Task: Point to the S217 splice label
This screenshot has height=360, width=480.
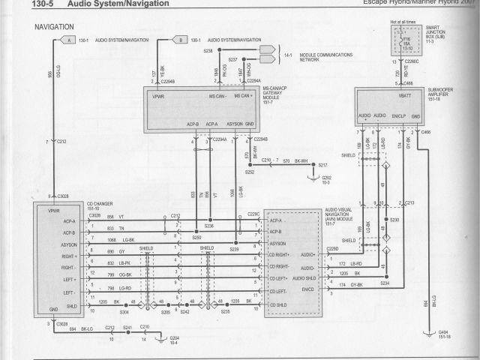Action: tap(322, 163)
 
